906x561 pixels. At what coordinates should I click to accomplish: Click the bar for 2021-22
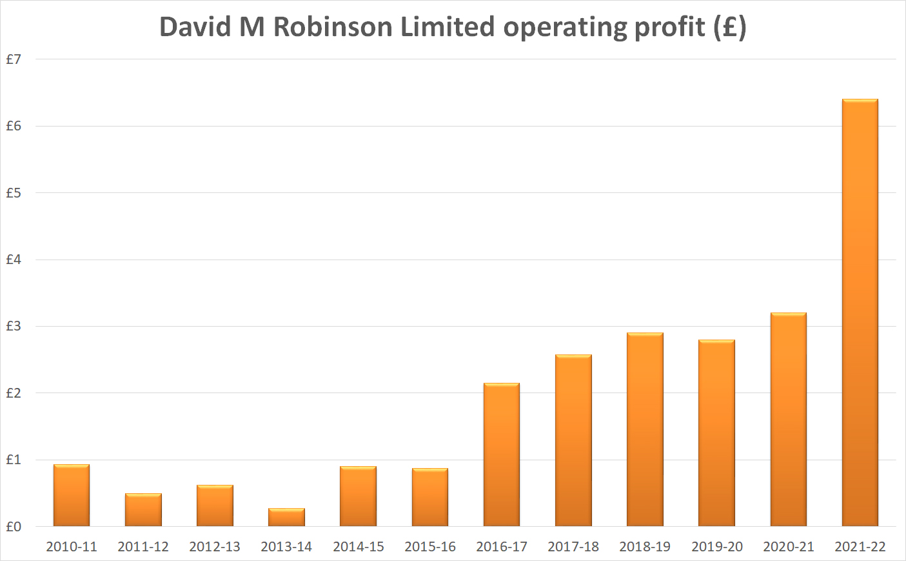click(860, 313)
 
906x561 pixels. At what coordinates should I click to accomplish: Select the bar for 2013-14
click(286, 517)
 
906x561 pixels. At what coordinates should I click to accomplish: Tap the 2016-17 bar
click(501, 455)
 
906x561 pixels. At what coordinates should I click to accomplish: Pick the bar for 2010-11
click(72, 496)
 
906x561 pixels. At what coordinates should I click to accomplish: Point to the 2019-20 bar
click(716, 433)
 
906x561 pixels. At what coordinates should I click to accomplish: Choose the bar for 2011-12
click(143, 510)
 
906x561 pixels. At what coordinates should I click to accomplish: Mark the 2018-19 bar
click(645, 430)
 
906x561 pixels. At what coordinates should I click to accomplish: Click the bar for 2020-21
click(788, 420)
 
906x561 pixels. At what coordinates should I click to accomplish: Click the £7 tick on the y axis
click(14, 59)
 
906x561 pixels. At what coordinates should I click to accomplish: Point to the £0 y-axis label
click(14, 527)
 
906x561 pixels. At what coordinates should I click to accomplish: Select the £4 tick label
click(14, 260)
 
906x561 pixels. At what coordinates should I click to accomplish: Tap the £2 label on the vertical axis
click(14, 393)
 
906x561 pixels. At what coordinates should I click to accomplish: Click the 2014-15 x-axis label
click(358, 547)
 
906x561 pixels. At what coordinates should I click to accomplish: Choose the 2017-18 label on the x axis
click(573, 547)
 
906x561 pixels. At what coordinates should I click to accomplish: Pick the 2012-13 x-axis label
click(215, 547)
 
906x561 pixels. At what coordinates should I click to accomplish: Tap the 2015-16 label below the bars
click(430, 547)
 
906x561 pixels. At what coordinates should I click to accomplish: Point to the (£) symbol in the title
click(730, 27)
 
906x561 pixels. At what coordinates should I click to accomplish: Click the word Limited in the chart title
click(448, 27)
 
